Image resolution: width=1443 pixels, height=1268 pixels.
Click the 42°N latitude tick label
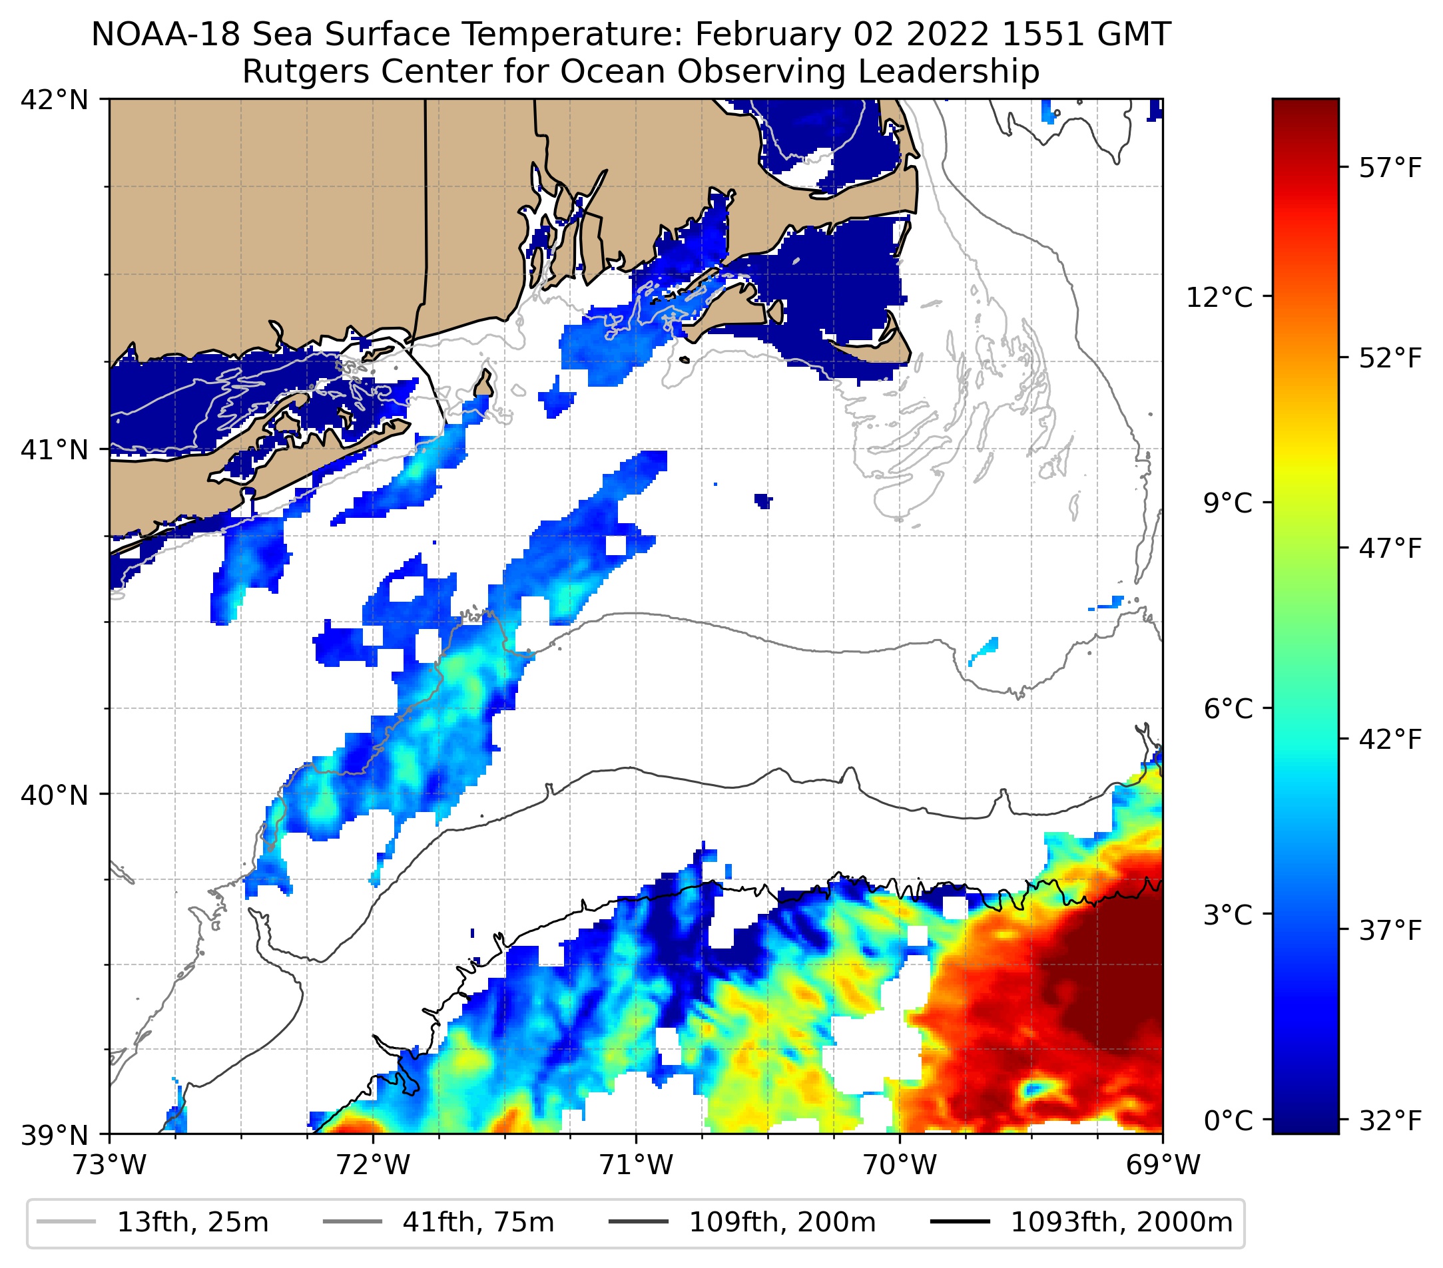click(55, 101)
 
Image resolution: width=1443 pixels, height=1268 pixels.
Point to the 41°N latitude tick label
click(55, 449)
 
